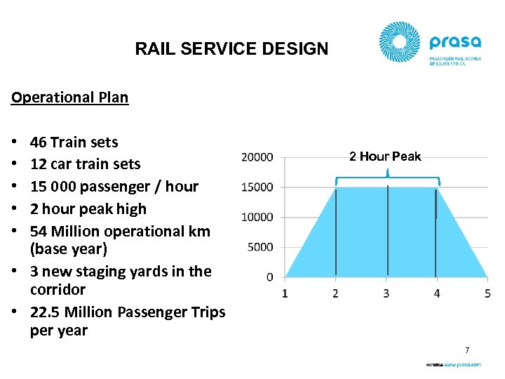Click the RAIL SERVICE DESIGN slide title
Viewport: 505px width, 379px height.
231,49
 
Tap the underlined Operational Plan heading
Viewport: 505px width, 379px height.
69,98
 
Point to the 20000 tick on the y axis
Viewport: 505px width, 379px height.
257,157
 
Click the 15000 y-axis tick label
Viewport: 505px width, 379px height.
257,187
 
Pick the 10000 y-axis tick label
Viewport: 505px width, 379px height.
257,217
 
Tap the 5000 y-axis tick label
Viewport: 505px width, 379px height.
260,247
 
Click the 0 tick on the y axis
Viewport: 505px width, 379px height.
270,277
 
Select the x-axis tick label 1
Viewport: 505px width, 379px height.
285,293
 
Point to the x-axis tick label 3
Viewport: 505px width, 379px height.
386,293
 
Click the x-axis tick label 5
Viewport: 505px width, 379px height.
487,293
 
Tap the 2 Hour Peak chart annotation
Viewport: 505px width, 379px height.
385,157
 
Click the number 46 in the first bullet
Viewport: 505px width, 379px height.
39,142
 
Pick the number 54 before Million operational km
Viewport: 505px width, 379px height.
39,231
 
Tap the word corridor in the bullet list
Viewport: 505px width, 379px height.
58,289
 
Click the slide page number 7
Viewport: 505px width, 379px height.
467,350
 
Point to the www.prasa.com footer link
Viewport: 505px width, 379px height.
462,365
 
